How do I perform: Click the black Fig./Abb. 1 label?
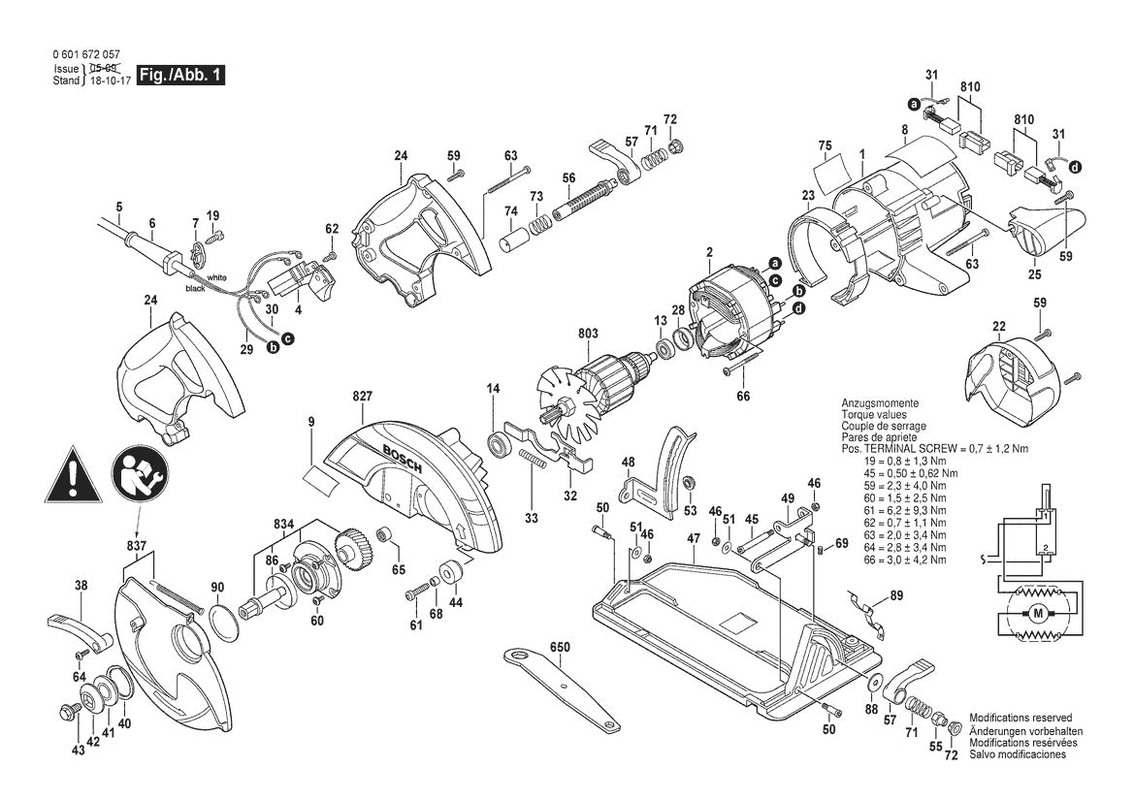pos(181,75)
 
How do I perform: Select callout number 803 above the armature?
pos(588,334)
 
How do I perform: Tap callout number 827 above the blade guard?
pos(364,397)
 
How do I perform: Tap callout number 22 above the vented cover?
pos(998,326)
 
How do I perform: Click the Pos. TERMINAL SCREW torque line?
pos(933,450)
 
